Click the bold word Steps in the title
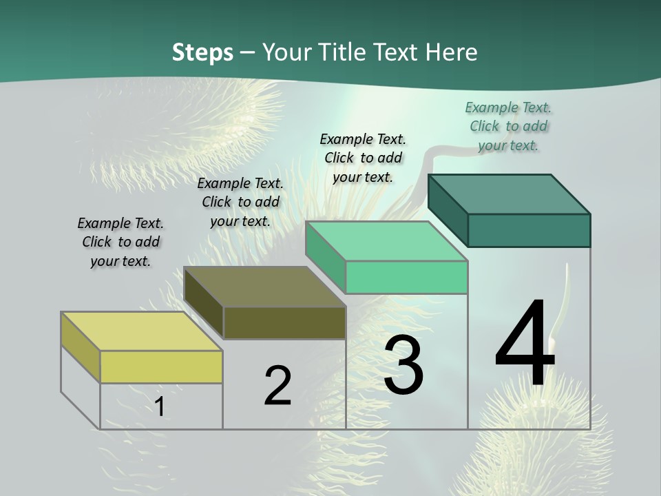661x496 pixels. click(x=202, y=52)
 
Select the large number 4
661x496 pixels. click(x=525, y=344)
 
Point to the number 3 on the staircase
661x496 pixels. click(x=403, y=365)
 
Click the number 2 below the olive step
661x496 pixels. click(x=277, y=386)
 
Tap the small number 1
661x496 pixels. click(x=159, y=406)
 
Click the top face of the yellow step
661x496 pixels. click(x=141, y=331)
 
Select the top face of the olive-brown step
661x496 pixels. click(x=264, y=287)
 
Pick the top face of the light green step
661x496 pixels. click(x=386, y=241)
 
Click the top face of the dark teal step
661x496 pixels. click(x=509, y=194)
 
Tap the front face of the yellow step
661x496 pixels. click(x=161, y=366)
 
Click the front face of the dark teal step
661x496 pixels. click(x=529, y=230)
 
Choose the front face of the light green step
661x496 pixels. click(x=406, y=277)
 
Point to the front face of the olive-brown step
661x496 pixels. click(x=284, y=322)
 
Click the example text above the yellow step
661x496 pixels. click(x=120, y=242)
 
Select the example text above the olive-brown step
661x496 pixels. click(x=240, y=202)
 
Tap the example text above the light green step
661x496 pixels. click(x=363, y=158)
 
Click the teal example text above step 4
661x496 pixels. click(x=508, y=126)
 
